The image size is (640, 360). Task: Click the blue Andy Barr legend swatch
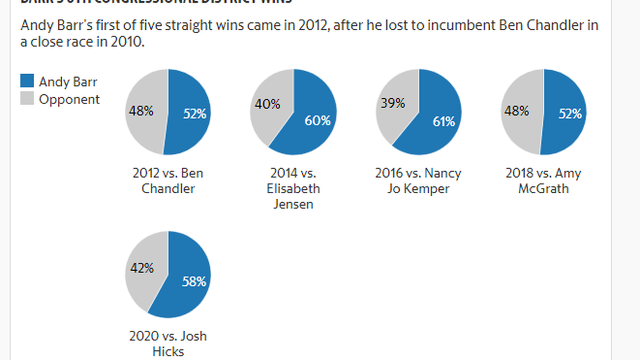pos(27,81)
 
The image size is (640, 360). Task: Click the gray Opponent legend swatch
pos(27,99)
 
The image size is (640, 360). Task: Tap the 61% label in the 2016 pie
pos(444,121)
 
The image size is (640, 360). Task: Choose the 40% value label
pos(267,104)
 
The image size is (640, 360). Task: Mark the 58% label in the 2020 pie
pos(194,282)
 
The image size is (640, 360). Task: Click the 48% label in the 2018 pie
pos(516,111)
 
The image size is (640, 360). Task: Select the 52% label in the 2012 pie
pos(195,113)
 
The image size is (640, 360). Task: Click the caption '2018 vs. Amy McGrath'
pos(543,180)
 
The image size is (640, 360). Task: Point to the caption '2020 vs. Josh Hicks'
pos(167,344)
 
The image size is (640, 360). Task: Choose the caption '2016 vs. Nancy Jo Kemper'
pos(418,180)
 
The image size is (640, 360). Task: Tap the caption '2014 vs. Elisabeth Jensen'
pos(292,188)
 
